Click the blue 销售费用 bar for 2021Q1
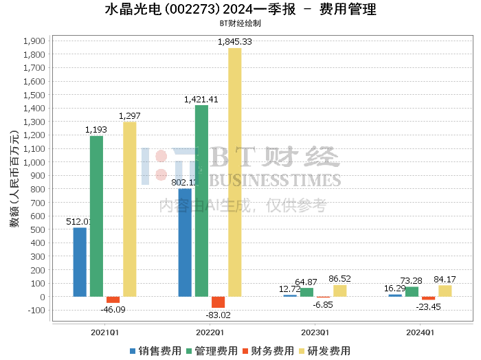(x=80, y=262)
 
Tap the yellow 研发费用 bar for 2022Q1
(x=235, y=172)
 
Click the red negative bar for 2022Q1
(x=218, y=302)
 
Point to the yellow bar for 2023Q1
(x=339, y=291)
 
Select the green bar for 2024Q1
(x=412, y=292)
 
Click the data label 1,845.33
(x=235, y=42)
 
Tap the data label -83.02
(x=218, y=315)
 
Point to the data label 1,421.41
(x=201, y=100)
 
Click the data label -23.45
(x=429, y=307)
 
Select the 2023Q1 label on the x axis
(x=315, y=333)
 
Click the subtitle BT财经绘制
(x=240, y=23)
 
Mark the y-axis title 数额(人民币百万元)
(x=14, y=179)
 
